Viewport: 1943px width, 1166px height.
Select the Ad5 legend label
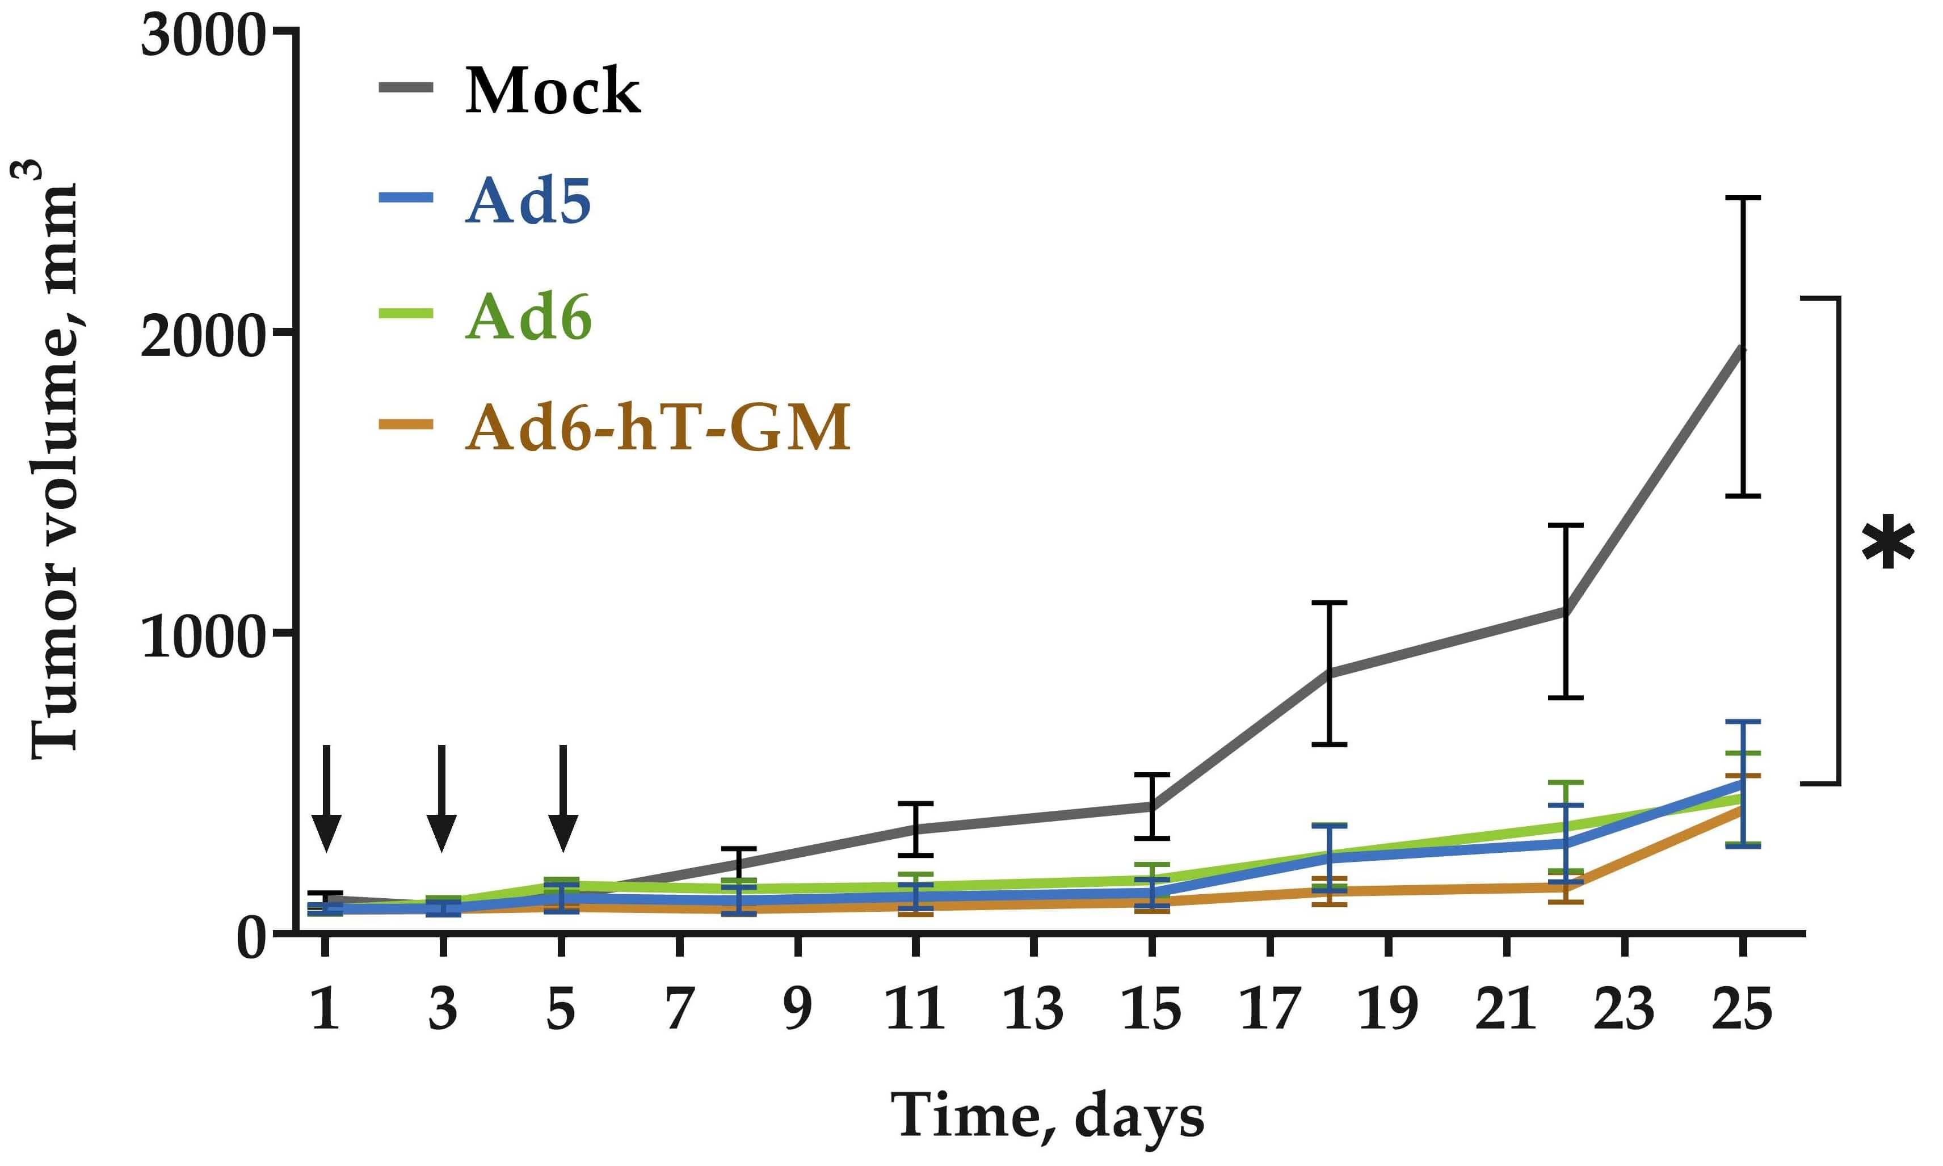point(527,201)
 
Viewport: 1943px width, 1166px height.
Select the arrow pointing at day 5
point(562,798)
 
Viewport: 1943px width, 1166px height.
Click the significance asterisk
point(1888,544)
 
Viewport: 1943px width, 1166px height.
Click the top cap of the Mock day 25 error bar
point(1741,198)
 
